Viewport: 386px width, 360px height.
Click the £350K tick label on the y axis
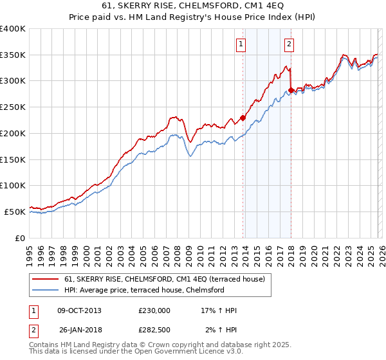tap(13, 55)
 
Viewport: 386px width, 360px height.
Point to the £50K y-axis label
tap(15, 212)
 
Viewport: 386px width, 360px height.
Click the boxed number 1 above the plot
tap(241, 44)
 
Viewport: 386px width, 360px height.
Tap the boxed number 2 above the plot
tap(289, 44)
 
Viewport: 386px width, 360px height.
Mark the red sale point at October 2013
tap(243, 118)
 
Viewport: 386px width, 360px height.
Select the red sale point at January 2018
tap(291, 90)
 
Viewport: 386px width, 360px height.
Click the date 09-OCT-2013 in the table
tap(80, 310)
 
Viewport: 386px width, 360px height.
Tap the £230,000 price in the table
tap(154, 310)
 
